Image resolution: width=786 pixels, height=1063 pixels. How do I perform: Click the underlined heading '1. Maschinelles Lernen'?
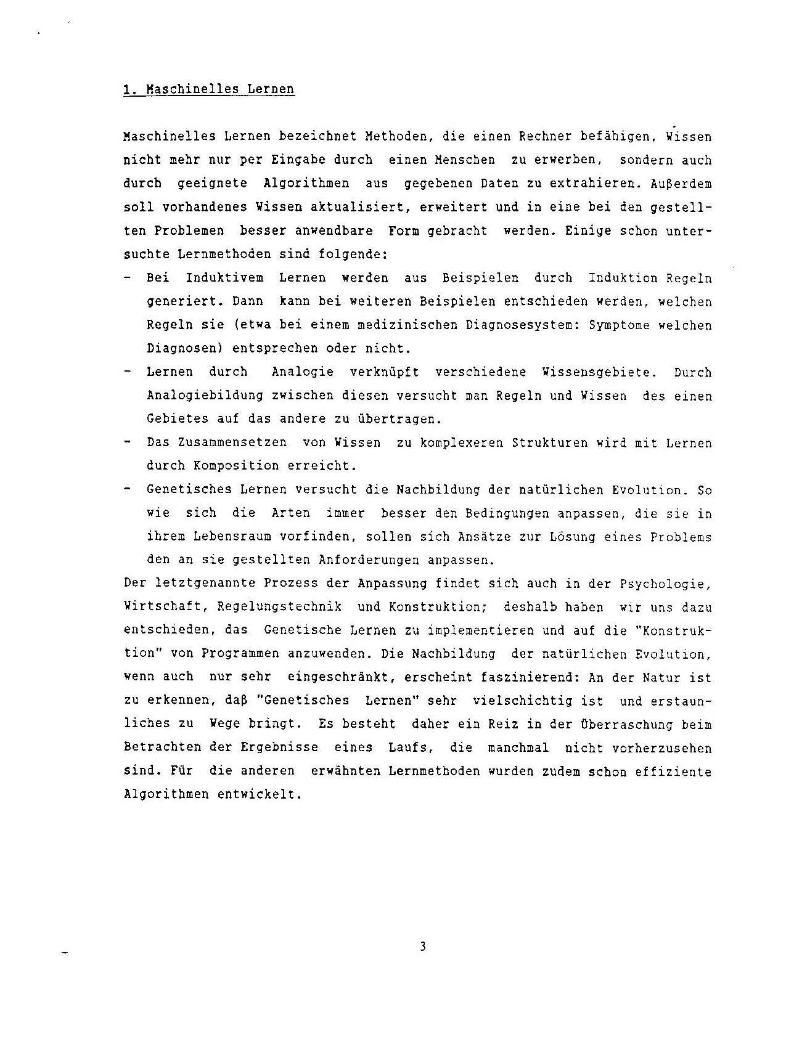208,89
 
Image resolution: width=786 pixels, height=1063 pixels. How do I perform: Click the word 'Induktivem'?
224,278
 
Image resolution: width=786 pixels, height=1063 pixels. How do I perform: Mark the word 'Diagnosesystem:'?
526,325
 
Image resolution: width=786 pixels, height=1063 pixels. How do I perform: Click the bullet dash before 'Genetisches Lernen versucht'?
127,489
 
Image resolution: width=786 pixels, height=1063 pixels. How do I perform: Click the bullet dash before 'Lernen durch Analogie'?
127,372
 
